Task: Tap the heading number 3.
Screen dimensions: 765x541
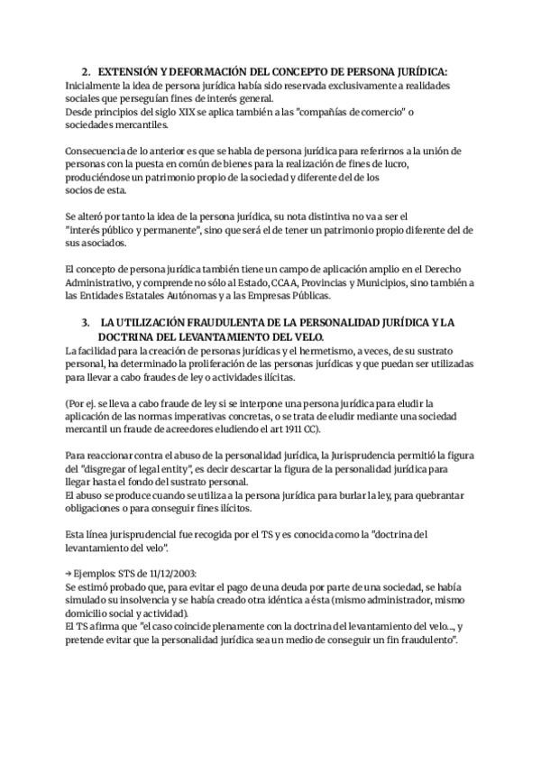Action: tap(85, 322)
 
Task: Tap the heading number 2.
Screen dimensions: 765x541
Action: tap(85, 72)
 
